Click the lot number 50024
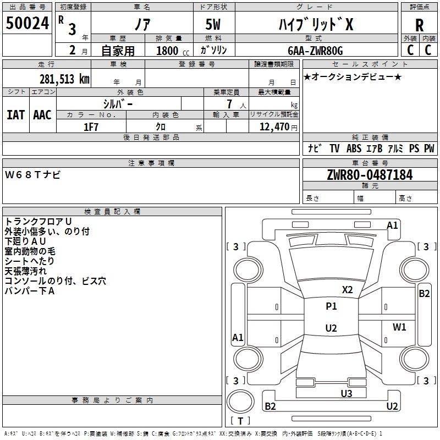28,23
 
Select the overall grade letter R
419,25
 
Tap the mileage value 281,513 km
64,79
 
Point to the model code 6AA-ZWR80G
315,51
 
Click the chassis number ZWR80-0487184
370,175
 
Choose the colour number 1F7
91,127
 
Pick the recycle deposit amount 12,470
274,127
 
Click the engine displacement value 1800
167,51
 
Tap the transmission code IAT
15,115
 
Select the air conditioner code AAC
42,115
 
